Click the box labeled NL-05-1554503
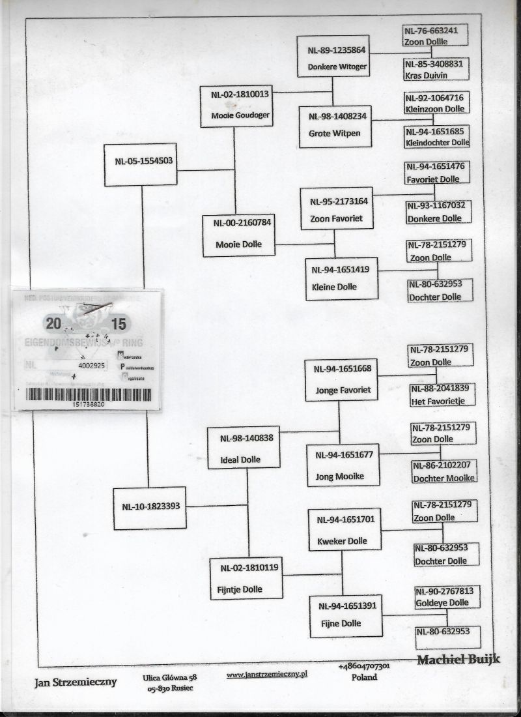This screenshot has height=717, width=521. [x=141, y=164]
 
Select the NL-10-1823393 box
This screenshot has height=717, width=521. [x=149, y=508]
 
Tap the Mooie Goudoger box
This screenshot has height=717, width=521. [x=235, y=106]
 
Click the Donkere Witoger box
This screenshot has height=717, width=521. [x=332, y=57]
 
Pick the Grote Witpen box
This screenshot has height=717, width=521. [x=335, y=126]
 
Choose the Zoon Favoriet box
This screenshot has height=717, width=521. [x=337, y=209]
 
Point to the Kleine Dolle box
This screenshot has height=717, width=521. [x=341, y=278]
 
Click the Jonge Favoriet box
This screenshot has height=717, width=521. [x=342, y=379]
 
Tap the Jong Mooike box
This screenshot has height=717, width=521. [x=343, y=465]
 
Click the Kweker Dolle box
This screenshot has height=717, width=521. [x=345, y=530]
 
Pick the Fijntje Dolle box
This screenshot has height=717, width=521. [x=246, y=578]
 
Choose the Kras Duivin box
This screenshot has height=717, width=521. [x=435, y=69]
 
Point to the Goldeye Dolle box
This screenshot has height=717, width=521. [x=447, y=596]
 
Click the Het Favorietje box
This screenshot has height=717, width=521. [x=442, y=395]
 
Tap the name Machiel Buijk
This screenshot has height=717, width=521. [x=458, y=660]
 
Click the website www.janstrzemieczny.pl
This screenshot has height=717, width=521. [x=267, y=675]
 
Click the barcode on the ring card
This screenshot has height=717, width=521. [x=89, y=394]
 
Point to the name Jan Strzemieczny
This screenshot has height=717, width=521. [x=76, y=682]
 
